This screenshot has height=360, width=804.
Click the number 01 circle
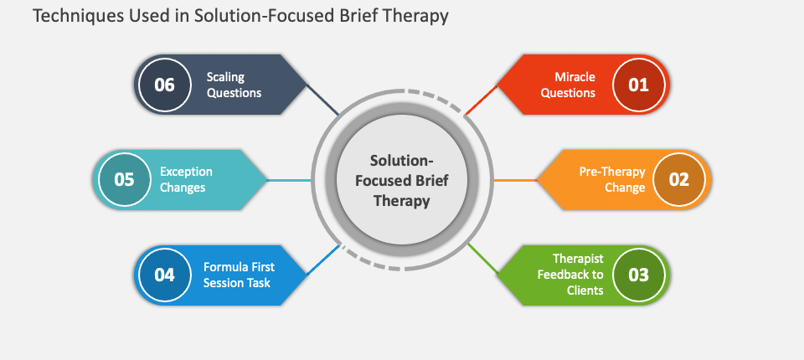point(638,85)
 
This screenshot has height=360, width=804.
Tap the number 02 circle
point(679,180)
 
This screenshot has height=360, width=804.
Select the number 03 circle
point(638,275)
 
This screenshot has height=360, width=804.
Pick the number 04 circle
point(165,275)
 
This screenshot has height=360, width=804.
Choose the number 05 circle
point(124,180)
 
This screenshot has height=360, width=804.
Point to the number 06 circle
point(165,85)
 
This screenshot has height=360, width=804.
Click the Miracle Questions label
point(568,85)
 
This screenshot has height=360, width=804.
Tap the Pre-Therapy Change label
point(611,179)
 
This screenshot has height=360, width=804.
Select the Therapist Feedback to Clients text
point(570,275)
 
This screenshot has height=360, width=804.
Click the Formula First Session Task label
point(238,275)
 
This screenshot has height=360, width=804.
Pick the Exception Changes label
point(186,179)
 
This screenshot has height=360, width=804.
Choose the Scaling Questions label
point(234,85)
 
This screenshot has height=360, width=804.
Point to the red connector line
point(481,100)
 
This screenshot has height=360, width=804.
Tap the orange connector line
point(515,181)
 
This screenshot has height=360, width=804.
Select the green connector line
point(482,259)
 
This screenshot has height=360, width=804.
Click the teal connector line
point(289,181)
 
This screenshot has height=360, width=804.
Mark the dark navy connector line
point(322,100)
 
